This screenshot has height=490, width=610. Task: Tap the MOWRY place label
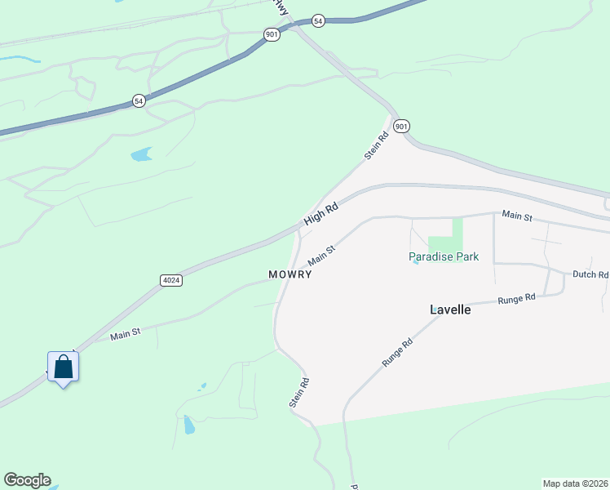(290, 275)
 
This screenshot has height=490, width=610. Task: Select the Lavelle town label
(450, 310)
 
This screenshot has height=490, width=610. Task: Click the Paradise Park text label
(444, 256)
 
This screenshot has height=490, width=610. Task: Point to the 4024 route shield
(170, 280)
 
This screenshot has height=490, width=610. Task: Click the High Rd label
(320, 215)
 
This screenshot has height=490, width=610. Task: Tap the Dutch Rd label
(590, 275)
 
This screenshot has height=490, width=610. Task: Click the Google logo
(27, 480)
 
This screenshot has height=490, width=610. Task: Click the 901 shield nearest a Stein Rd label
(400, 126)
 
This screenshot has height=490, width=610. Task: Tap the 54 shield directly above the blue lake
(139, 100)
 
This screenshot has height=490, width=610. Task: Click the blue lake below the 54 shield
(141, 154)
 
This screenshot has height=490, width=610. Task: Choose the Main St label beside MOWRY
(322, 256)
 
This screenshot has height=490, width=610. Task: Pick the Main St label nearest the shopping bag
(126, 333)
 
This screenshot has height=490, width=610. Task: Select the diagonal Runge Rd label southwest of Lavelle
(397, 352)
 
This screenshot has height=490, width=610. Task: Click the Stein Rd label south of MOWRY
(298, 392)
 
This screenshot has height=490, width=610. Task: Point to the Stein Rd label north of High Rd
(376, 147)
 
